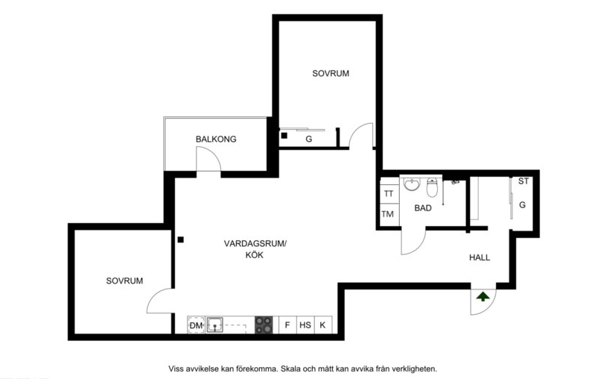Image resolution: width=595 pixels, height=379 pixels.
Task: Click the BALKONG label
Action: point(216,139)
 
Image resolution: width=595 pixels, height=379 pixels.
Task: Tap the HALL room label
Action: point(480,257)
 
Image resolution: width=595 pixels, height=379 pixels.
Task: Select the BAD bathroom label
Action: point(423,208)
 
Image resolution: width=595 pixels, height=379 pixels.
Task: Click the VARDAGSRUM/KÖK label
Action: point(255,249)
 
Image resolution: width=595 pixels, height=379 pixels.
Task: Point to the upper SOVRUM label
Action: point(331,73)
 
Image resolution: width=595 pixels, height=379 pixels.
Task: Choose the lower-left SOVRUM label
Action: point(124,281)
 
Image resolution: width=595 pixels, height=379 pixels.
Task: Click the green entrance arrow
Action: point(483,296)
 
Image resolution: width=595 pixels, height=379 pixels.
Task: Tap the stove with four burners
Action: point(264,325)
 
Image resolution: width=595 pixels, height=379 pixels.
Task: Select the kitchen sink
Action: point(215,325)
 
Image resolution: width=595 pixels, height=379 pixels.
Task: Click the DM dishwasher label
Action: point(196,325)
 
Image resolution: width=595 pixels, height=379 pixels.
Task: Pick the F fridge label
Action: point(287,325)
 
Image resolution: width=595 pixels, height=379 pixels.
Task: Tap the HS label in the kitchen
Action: point(305,325)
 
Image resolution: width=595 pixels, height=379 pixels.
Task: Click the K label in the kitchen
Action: point(323,325)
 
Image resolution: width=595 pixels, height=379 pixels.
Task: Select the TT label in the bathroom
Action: point(388,194)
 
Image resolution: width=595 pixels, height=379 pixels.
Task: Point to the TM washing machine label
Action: point(388,214)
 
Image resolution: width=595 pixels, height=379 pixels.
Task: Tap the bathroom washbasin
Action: point(412,184)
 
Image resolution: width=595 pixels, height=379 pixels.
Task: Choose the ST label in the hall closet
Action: point(524,181)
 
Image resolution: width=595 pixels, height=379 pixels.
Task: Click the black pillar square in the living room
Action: point(180,239)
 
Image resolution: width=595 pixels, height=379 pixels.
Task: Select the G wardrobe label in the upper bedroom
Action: point(308,138)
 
